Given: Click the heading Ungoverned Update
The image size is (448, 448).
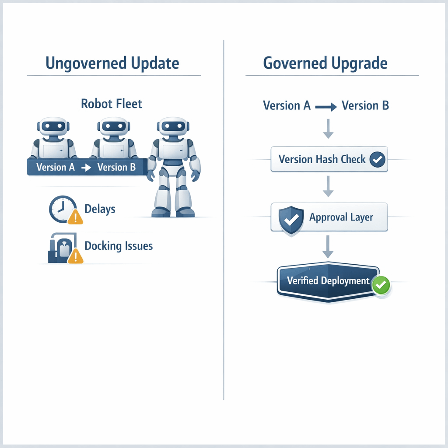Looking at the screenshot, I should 112,63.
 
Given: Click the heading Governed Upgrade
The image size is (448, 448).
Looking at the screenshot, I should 325,63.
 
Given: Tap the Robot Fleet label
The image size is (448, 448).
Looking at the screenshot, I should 112,104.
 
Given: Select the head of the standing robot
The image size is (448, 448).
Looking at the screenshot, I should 174,127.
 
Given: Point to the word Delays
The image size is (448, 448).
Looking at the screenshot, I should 100,209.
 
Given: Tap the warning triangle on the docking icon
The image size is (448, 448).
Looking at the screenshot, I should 76,256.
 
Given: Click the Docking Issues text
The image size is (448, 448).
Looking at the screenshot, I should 119,246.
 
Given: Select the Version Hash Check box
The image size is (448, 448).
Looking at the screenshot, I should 329,159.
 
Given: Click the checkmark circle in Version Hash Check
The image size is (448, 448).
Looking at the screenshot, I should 377,159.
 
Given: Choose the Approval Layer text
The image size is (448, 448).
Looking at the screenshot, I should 341,217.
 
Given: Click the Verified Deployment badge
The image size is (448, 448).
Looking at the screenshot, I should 328,281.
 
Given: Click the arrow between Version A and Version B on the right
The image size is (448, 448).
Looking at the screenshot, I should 326,106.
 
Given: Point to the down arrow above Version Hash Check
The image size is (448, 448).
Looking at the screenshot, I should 328,130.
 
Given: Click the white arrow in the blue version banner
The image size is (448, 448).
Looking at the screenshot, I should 86,168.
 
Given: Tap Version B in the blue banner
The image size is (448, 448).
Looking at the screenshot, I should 116,167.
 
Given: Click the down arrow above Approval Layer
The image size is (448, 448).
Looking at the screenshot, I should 328,187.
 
